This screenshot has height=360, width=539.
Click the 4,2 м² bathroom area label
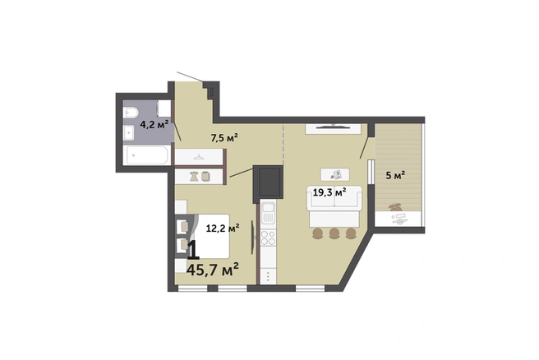click(x=154, y=124)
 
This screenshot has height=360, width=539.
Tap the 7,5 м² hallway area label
click(x=224, y=138)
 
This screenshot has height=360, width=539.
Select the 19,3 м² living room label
click(x=329, y=192)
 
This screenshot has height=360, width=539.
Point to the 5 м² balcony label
click(x=395, y=175)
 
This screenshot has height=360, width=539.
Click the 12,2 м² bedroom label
click(x=223, y=228)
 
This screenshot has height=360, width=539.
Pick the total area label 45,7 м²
click(x=213, y=270)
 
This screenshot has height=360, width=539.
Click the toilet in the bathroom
click(x=131, y=112)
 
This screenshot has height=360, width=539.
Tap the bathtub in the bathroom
click(x=147, y=155)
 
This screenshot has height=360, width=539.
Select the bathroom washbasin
click(x=129, y=132)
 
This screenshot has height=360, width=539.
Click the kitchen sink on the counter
click(x=268, y=213)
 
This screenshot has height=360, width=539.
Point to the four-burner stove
click(x=268, y=238)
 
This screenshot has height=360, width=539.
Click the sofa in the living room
click(x=334, y=198)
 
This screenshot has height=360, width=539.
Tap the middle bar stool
click(x=334, y=233)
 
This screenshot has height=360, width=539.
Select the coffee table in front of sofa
click(x=335, y=174)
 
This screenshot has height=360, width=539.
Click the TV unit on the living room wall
click(x=333, y=128)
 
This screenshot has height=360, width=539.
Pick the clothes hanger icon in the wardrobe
click(x=198, y=157)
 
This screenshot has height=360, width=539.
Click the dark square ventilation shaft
click(x=269, y=183)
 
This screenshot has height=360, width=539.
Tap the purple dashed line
click(x=283, y=145)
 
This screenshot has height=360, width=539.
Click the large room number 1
click(x=193, y=250)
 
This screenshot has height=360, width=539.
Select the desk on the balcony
click(x=398, y=219)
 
